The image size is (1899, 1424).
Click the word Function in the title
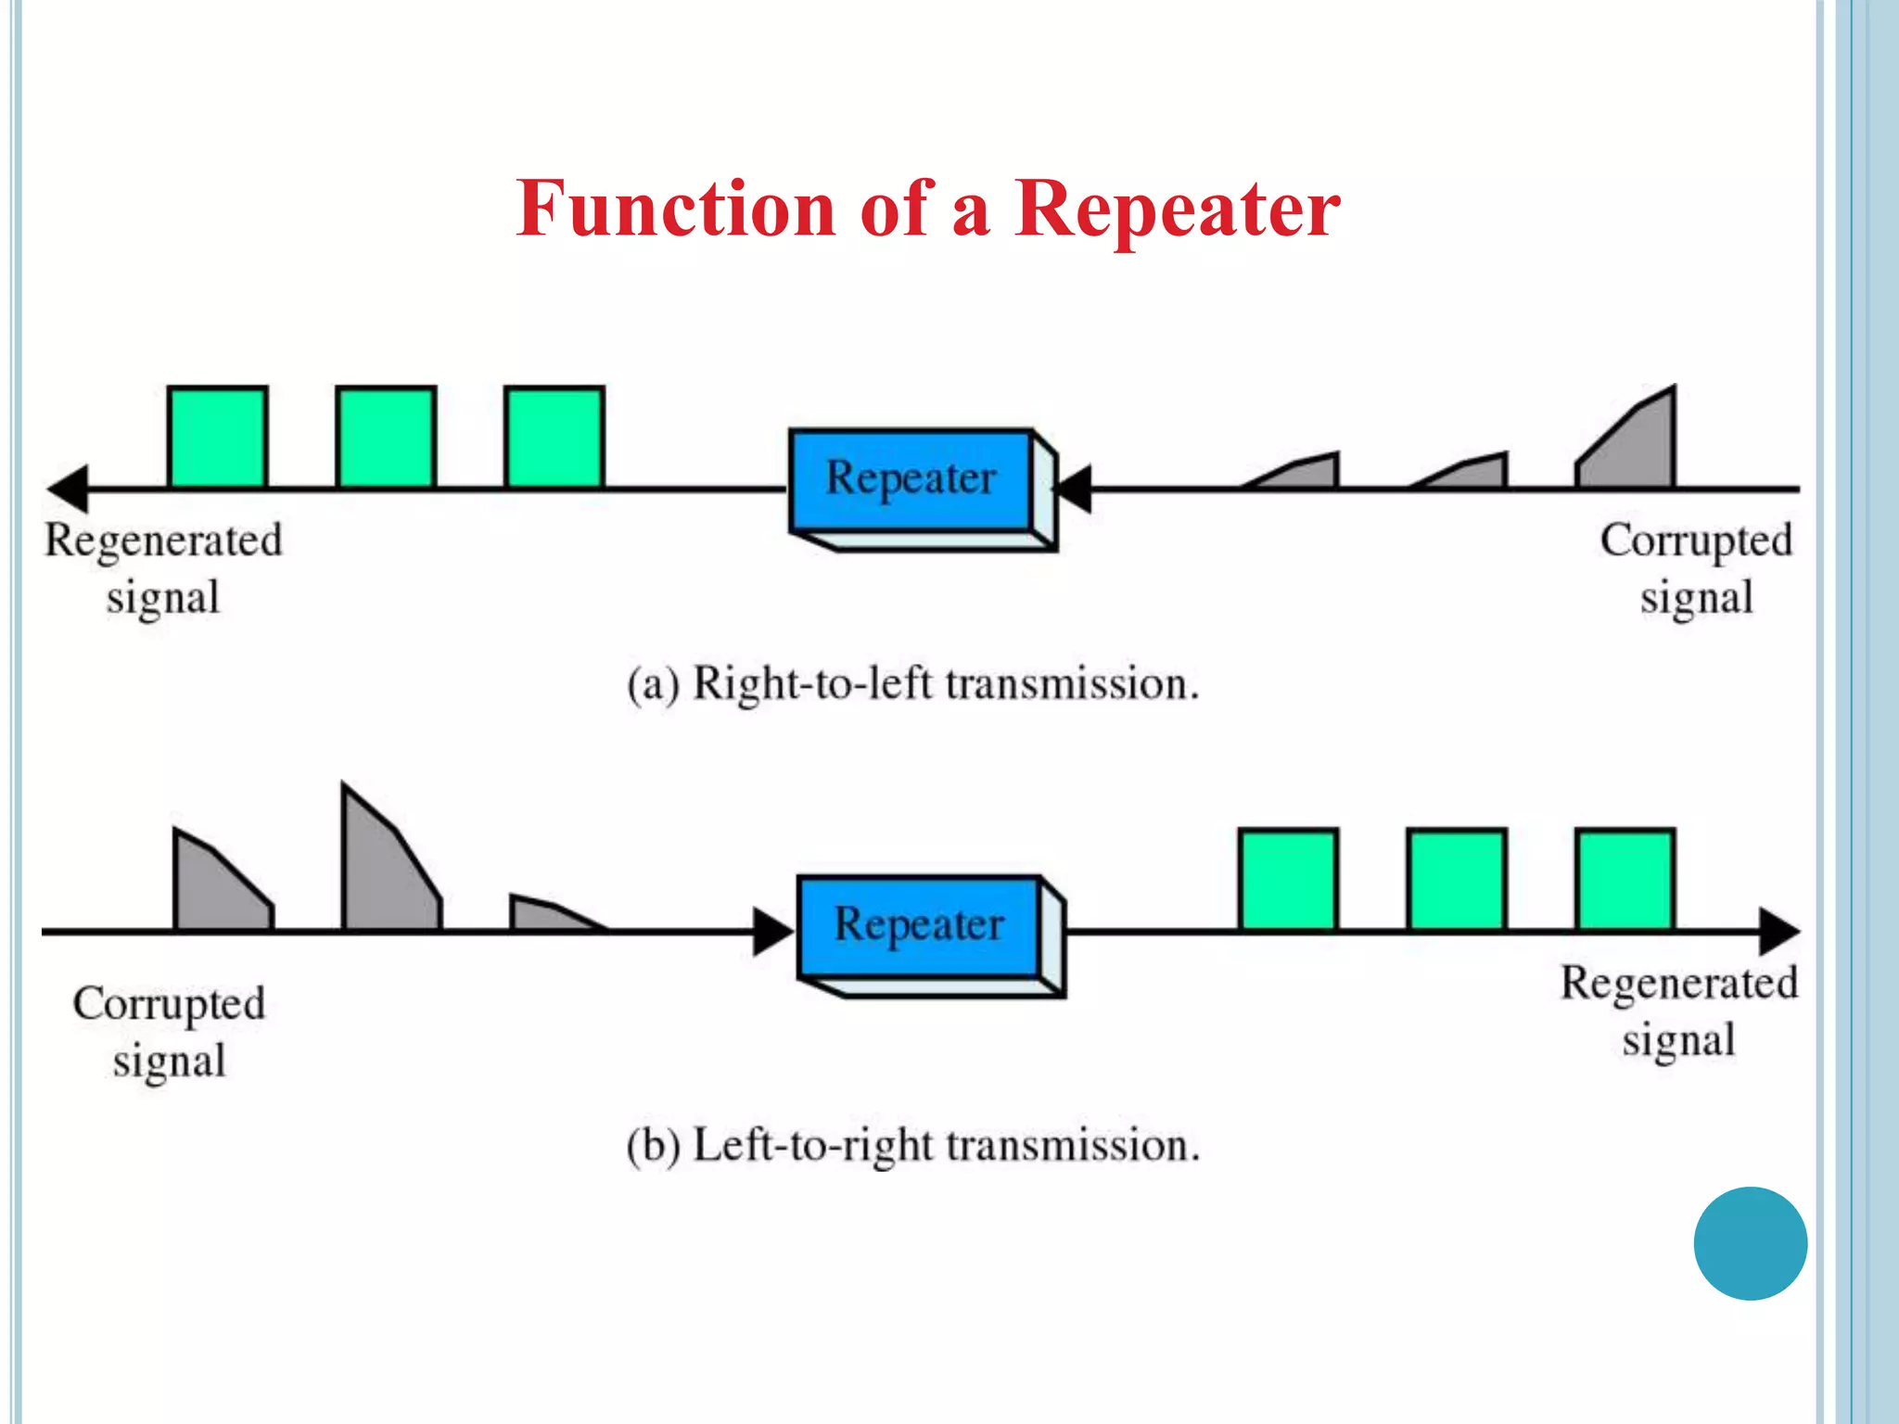(x=676, y=210)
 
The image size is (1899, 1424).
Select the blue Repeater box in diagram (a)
(x=911, y=480)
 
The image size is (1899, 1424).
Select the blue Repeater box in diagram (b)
(x=919, y=926)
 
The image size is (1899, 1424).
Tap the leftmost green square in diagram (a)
(x=218, y=438)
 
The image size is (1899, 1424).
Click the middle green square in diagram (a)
(x=386, y=438)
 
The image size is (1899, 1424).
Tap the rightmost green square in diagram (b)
(x=1625, y=880)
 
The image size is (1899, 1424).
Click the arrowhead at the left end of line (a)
(x=69, y=489)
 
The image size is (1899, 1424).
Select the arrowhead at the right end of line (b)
(x=1778, y=931)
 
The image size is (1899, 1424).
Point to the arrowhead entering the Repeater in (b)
(x=772, y=931)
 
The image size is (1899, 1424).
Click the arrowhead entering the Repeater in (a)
(x=1076, y=489)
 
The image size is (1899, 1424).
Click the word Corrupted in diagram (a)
(x=1696, y=541)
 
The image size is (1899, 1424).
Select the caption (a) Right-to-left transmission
(x=913, y=685)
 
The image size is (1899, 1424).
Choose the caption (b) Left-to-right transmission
(x=913, y=1146)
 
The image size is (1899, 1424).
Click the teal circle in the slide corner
(x=1750, y=1243)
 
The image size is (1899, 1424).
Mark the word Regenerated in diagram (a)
(x=163, y=541)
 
